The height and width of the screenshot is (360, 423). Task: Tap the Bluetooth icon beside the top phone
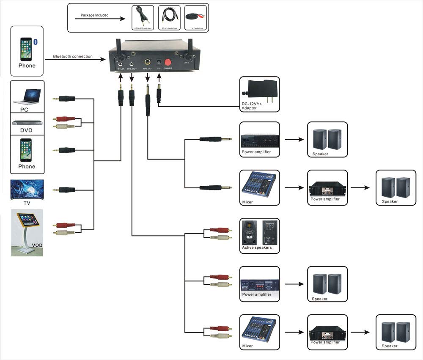(x=36, y=41)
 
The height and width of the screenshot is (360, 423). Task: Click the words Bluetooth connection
(x=73, y=56)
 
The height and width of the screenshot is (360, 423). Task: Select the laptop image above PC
(x=27, y=96)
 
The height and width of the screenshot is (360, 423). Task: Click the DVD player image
(x=26, y=123)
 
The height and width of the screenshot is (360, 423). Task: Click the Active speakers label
(x=257, y=247)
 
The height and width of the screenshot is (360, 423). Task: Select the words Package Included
(x=95, y=15)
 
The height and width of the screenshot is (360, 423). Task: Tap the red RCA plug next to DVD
(x=65, y=119)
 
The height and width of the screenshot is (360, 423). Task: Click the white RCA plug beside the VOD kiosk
(x=65, y=232)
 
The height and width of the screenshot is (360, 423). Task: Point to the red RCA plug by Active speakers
(x=220, y=230)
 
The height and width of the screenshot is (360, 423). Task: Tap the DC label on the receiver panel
(x=159, y=68)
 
